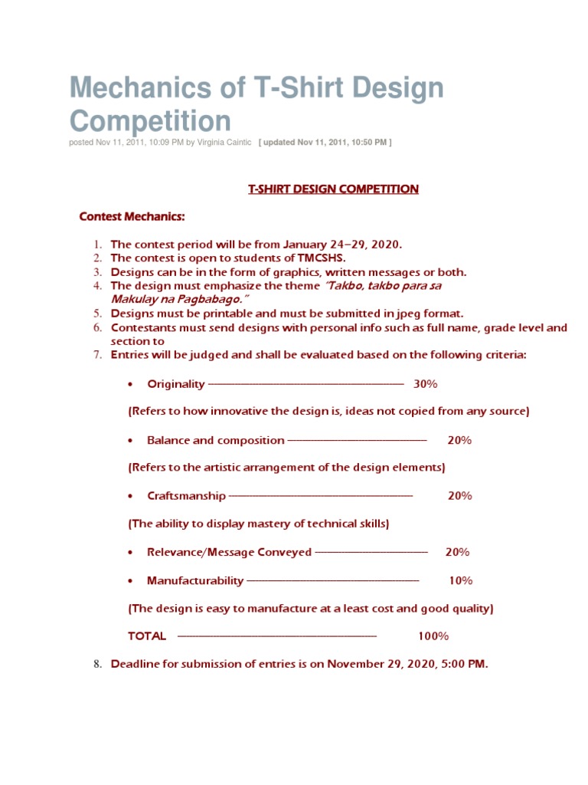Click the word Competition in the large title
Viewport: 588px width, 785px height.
(151, 121)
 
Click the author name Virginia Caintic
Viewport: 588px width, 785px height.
(224, 142)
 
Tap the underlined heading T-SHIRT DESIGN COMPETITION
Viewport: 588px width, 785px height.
(333, 189)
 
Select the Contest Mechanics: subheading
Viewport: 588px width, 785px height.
(132, 217)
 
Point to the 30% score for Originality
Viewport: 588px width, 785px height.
(426, 383)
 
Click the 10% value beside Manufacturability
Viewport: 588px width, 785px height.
(461, 580)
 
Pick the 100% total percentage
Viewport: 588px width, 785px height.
(433, 636)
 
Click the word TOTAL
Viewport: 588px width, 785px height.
(147, 636)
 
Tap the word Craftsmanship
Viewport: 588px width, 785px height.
(186, 496)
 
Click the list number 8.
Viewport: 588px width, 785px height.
(97, 665)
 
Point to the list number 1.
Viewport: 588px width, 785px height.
(97, 245)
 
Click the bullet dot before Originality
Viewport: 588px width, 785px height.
(132, 384)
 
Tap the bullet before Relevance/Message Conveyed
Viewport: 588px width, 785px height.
(132, 553)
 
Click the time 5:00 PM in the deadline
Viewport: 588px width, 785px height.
(464, 664)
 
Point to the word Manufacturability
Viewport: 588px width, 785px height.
(195, 580)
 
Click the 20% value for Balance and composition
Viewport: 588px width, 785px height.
(460, 440)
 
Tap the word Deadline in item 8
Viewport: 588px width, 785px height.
(138, 664)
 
